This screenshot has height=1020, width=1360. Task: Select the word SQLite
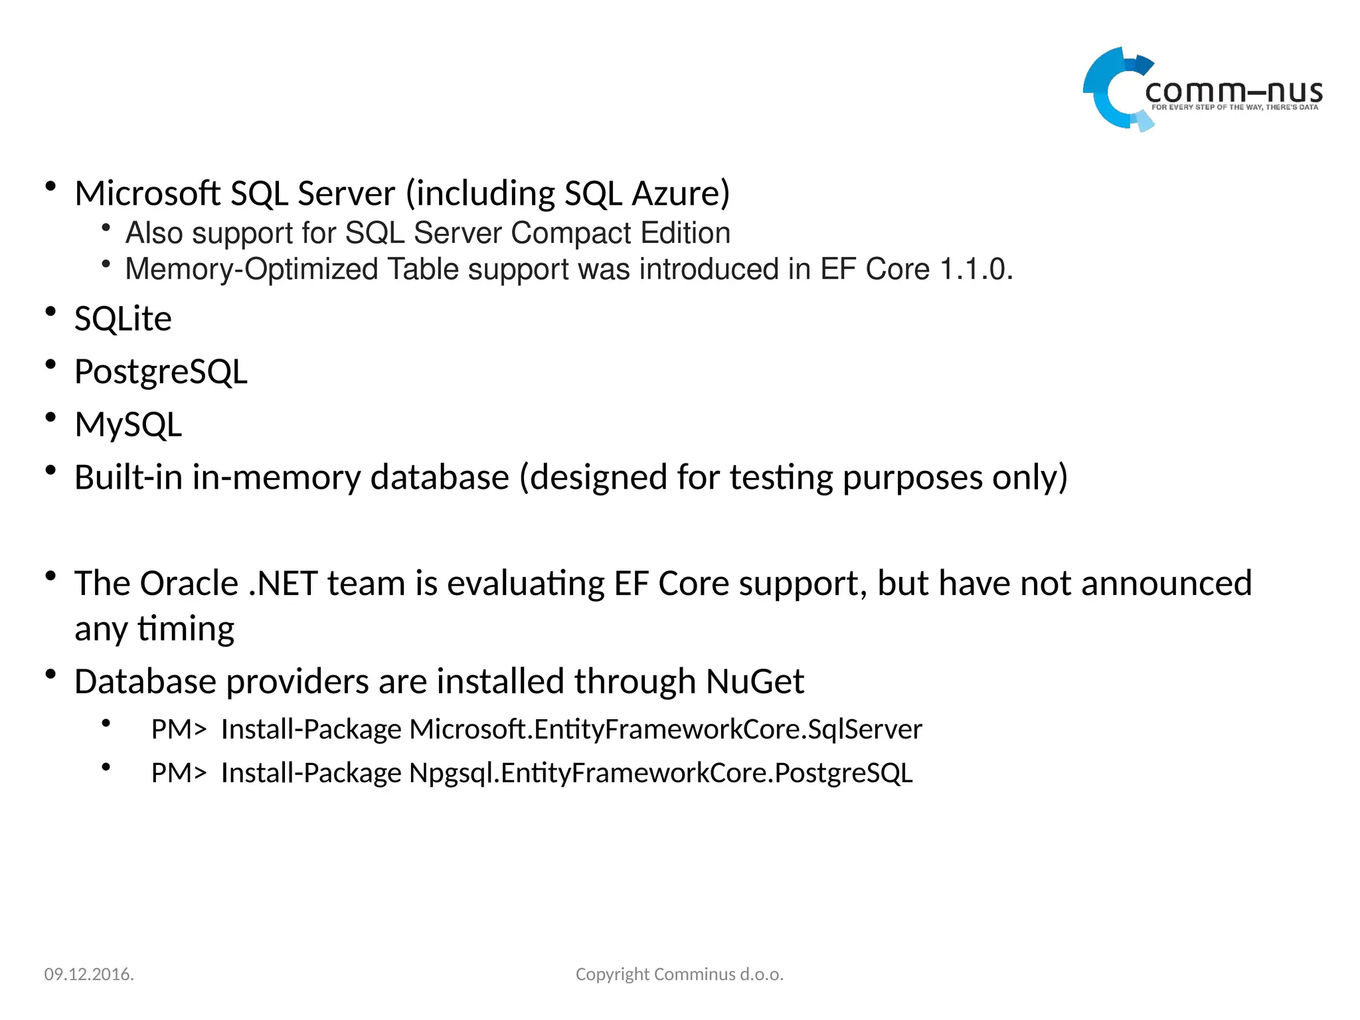[123, 319]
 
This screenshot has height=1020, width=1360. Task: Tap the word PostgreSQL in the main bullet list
[161, 372]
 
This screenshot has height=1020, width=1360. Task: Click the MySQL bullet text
[128, 425]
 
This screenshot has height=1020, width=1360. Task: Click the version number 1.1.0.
[976, 270]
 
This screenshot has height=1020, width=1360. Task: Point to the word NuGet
[754, 682]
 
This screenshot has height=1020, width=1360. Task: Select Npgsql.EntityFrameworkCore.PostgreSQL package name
[661, 774]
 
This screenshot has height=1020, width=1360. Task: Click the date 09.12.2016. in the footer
[89, 974]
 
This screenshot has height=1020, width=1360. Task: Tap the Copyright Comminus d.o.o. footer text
[679, 974]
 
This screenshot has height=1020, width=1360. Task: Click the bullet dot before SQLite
[50, 311]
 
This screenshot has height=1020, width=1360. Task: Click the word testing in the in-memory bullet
[781, 477]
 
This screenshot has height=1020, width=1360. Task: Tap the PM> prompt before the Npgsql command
[179, 774]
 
